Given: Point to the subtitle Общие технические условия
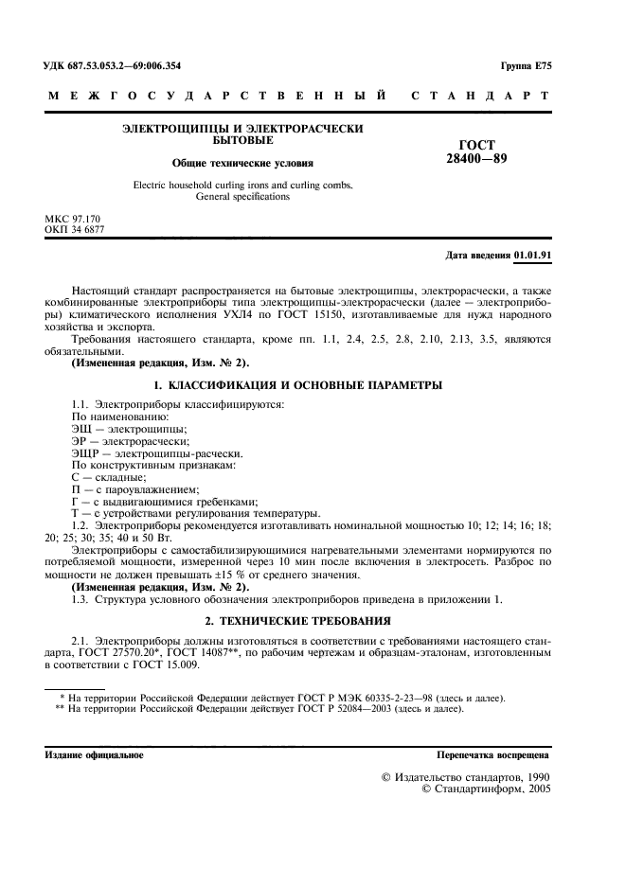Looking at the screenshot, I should coord(242,163).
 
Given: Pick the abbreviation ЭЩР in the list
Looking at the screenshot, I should coord(87,453).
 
